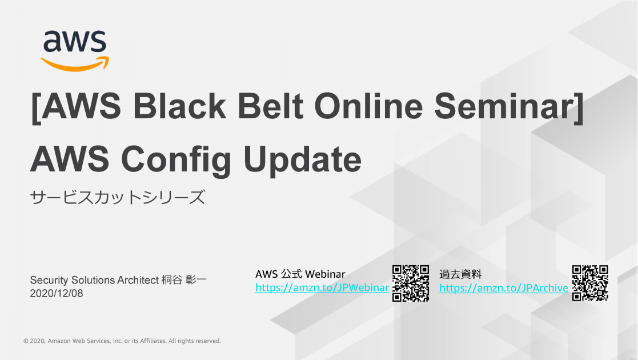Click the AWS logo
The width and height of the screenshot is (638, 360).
[74, 50]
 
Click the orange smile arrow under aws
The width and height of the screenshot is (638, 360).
[75, 63]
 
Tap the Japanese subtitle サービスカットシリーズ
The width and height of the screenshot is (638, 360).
[117, 198]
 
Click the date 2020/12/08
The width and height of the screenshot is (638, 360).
[56, 293]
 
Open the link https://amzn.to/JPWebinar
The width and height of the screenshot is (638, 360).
[322, 288]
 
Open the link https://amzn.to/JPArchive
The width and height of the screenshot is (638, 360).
[503, 288]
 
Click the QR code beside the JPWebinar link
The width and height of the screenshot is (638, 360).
[411, 283]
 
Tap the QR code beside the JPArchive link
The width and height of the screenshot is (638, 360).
[590, 283]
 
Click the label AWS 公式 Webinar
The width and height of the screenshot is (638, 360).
[300, 274]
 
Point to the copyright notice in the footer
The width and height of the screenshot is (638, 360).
[122, 341]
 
